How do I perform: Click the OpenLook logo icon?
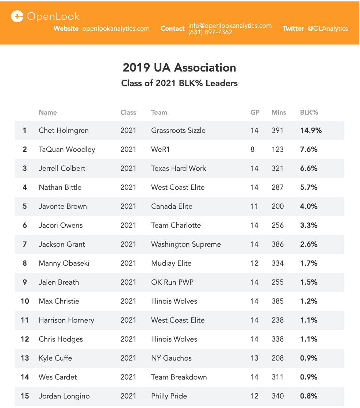click(17, 16)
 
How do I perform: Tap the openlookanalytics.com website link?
click(116, 28)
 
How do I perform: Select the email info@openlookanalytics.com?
click(230, 26)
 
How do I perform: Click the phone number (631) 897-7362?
click(210, 32)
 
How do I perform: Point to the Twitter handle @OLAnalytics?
click(328, 28)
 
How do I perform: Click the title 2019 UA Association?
click(179, 68)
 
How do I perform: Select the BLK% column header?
click(309, 112)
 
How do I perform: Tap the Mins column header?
click(279, 112)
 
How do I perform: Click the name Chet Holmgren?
click(64, 130)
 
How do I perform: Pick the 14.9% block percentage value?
click(311, 130)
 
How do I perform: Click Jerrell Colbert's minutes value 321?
click(277, 168)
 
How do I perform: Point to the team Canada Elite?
click(172, 206)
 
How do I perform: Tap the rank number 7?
click(25, 244)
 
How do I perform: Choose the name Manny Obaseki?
click(64, 263)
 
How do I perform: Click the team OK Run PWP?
click(172, 282)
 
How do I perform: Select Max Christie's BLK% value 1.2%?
click(309, 301)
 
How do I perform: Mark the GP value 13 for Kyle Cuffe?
click(254, 358)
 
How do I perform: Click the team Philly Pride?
click(169, 396)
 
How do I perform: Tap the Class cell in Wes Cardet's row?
click(128, 377)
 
